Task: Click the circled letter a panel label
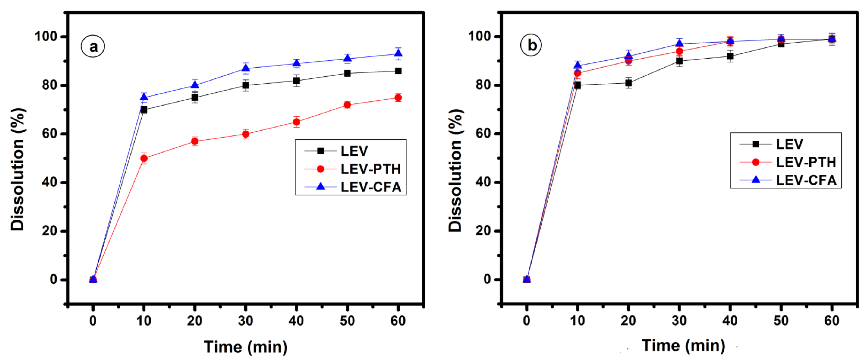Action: click(93, 47)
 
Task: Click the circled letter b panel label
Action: click(531, 45)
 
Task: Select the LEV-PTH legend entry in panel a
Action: click(370, 169)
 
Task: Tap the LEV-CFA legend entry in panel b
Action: click(806, 180)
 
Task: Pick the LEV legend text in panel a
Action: click(354, 151)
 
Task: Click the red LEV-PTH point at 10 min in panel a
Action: click(144, 158)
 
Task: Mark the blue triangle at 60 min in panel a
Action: click(398, 54)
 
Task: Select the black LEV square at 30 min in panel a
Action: click(245, 85)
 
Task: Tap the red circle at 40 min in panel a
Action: click(296, 122)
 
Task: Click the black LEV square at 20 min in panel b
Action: click(628, 83)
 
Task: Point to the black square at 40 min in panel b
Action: click(730, 56)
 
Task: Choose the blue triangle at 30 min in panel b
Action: click(679, 43)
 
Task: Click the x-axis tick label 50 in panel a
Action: click(347, 321)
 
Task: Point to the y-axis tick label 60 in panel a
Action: click(50, 134)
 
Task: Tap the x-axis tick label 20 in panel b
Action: click(628, 321)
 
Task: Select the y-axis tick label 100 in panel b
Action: click(480, 36)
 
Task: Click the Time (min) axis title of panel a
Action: click(245, 347)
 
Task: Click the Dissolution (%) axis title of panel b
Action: click(455, 170)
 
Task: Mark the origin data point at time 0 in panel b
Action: click(527, 279)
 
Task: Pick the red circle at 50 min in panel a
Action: click(347, 105)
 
